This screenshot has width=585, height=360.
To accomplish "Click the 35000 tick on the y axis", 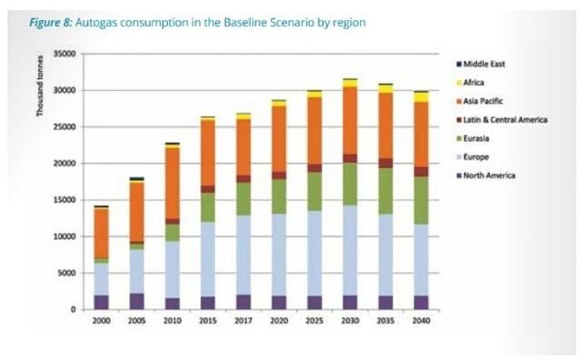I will tap(64, 53).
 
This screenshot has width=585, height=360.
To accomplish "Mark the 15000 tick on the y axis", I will tap(64, 200).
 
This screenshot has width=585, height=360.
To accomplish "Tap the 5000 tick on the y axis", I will tap(67, 273).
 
